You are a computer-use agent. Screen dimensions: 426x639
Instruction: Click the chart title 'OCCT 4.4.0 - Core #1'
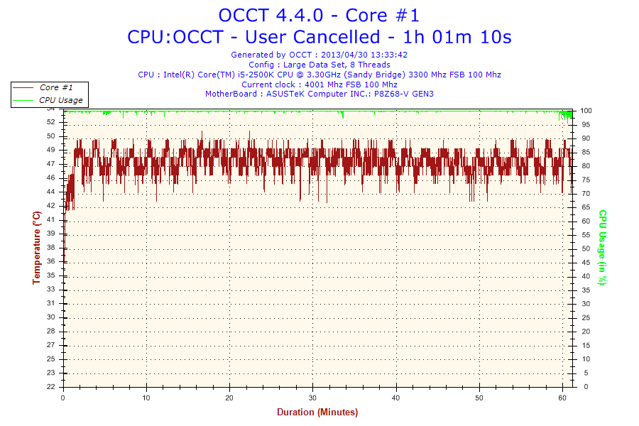319,15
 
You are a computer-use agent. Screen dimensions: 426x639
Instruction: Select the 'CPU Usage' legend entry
60,100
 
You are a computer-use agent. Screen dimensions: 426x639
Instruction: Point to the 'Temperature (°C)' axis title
37,248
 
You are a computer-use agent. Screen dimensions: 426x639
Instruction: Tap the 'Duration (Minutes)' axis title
317,413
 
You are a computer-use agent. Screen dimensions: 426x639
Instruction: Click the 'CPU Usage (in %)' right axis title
602,247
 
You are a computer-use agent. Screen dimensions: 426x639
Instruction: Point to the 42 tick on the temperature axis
51,206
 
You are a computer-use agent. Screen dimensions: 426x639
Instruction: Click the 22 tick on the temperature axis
51,387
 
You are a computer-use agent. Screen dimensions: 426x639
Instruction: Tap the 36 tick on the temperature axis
51,261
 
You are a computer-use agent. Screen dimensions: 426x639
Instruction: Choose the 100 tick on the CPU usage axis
586,111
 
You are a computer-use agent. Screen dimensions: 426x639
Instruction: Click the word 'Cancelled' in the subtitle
340,36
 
